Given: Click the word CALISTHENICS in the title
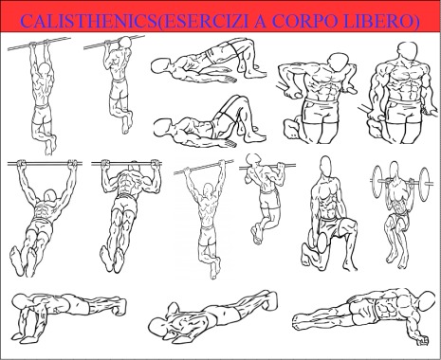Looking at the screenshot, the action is (x=89, y=21).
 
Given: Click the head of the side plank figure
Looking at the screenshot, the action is (x=428, y=300).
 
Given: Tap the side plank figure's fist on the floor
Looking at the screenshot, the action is (x=423, y=340).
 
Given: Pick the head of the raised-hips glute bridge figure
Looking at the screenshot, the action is (x=160, y=65).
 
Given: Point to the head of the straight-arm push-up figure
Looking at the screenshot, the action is (x=20, y=301).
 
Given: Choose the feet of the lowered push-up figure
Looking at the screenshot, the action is (x=271, y=300).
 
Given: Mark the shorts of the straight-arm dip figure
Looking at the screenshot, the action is (x=406, y=112).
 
